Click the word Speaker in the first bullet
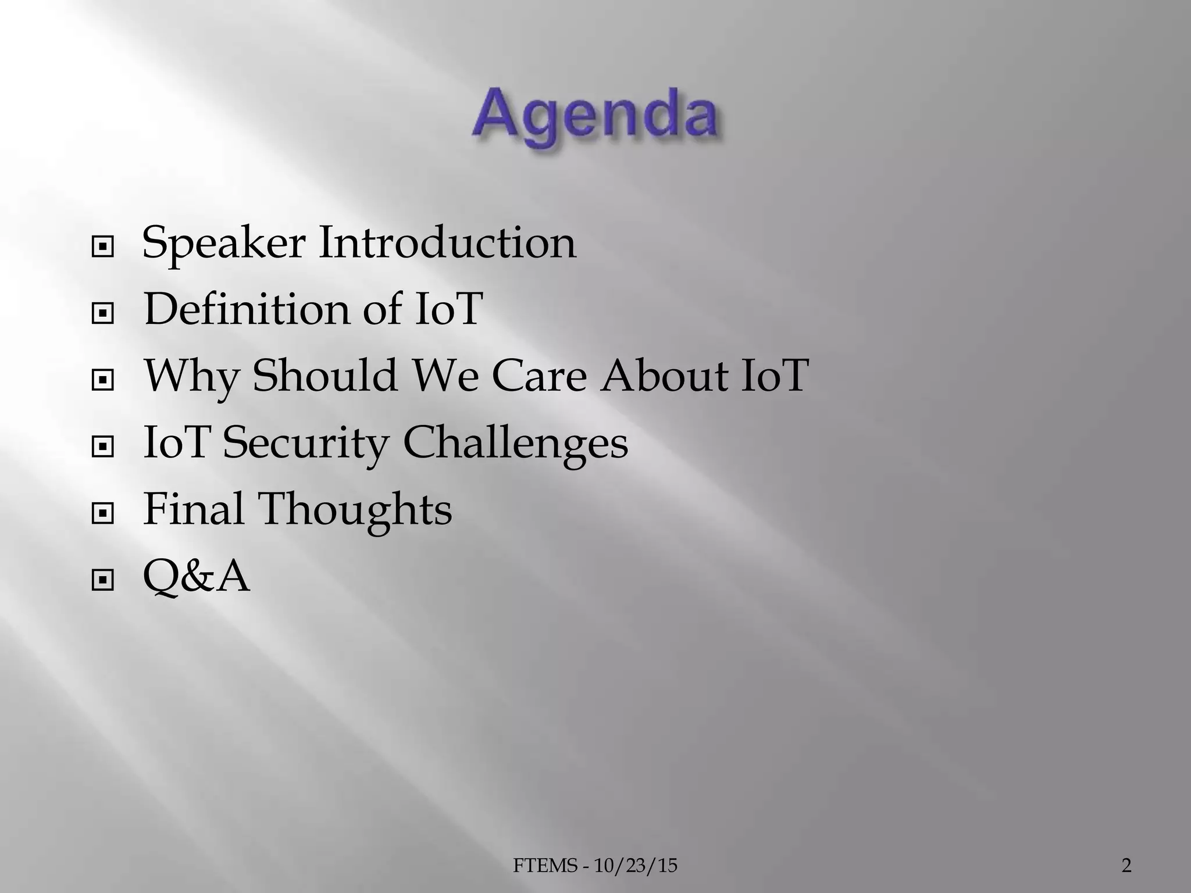pos(223,243)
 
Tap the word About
pos(664,375)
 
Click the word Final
pos(194,509)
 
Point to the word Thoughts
pos(355,510)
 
